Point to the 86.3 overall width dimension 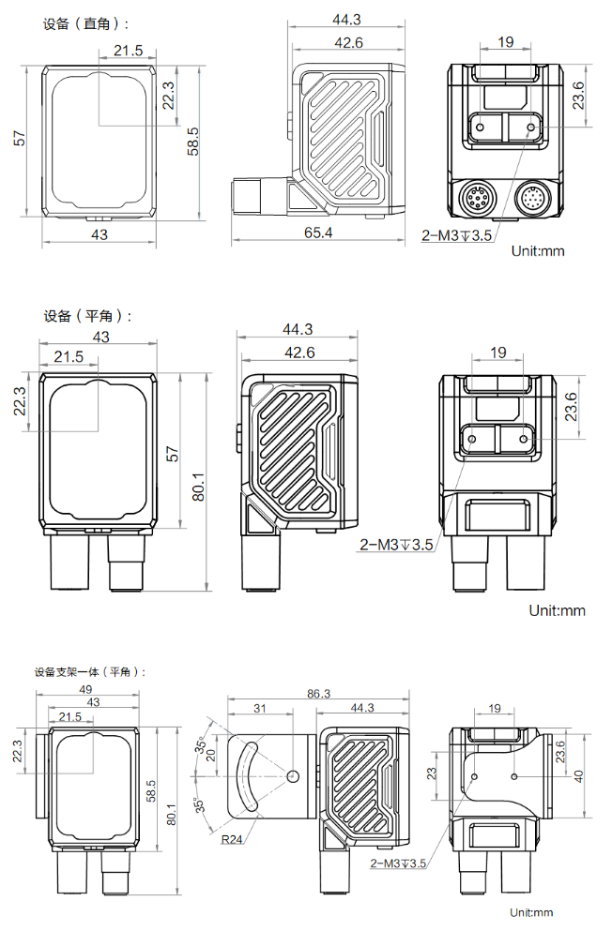point(319,694)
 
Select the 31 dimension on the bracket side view point(260,709)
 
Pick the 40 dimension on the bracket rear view point(579,775)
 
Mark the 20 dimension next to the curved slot point(211,756)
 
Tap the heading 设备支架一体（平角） point(90,671)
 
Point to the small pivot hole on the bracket point(294,776)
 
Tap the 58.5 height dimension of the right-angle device point(193,142)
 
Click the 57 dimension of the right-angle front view point(19,139)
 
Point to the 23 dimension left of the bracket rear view point(433,774)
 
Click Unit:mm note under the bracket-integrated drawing point(531,912)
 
